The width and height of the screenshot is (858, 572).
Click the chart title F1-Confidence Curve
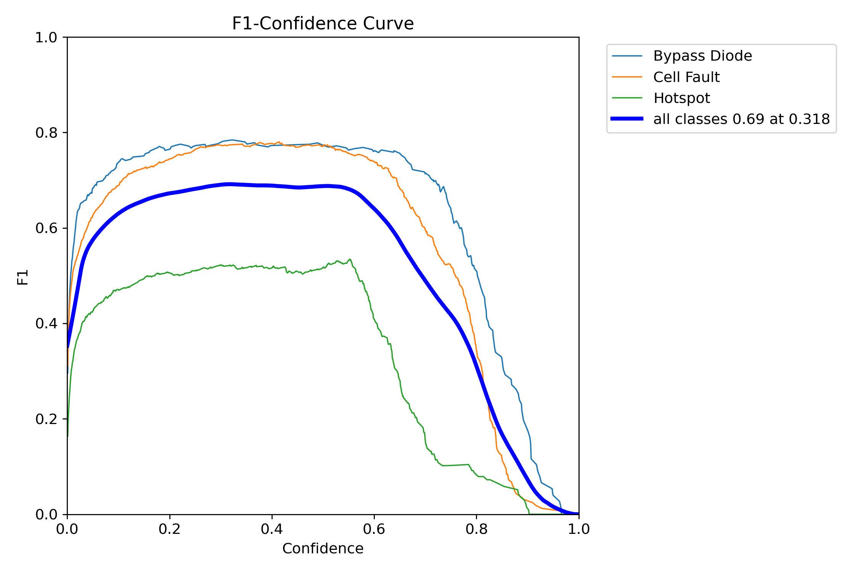coord(323,24)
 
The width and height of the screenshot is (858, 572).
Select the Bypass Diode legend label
coord(702,56)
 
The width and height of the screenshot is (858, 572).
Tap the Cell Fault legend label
coord(686,77)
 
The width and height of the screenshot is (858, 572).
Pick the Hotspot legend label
coord(682,98)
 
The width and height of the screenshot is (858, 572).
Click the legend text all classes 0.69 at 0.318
coord(742,119)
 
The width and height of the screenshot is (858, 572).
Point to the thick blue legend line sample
coord(627,119)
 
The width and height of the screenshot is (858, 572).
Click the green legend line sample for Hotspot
coord(627,98)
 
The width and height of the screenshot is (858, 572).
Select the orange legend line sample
coord(627,77)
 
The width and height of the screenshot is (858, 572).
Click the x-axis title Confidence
coord(323,549)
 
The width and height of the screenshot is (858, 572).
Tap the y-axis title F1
coord(23,277)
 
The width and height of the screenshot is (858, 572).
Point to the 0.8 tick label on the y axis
coord(46,133)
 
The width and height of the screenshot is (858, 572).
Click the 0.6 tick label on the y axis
coord(46,228)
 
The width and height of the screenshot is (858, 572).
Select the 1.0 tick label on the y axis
coord(46,37)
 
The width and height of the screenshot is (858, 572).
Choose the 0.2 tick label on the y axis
coord(46,419)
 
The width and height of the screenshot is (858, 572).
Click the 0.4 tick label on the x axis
coord(272,529)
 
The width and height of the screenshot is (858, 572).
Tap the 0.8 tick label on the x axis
coord(476,529)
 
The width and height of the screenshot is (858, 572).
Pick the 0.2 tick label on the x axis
coord(170,529)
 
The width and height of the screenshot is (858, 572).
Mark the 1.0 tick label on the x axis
coord(579,529)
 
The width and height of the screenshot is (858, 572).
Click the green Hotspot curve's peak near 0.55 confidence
coord(350,259)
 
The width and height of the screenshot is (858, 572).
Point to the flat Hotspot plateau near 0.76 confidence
coord(456,465)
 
